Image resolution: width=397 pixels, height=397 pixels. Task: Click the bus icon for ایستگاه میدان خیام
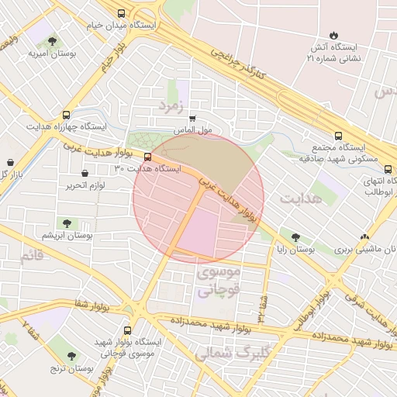[121, 13]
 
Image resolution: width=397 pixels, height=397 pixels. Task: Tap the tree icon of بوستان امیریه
[53, 42]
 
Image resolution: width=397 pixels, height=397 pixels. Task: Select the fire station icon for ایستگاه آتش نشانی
[333, 35]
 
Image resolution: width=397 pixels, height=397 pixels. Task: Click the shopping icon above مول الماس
[192, 119]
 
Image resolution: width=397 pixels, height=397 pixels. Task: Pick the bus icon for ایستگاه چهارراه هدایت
[67, 113]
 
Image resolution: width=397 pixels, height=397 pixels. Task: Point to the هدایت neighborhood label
[299, 198]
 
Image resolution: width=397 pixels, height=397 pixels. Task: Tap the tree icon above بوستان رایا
[295, 237]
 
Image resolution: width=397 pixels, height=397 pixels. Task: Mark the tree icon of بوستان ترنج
[72, 357]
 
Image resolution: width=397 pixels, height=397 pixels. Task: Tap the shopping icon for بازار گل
[11, 163]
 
